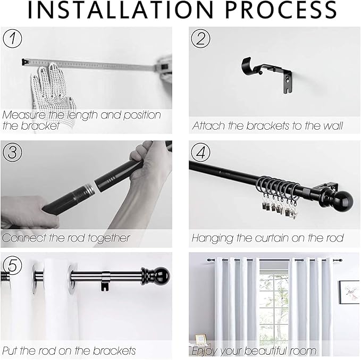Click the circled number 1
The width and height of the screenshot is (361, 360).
point(12,38)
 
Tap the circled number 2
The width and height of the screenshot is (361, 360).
point(200,38)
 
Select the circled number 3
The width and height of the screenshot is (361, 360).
point(12,152)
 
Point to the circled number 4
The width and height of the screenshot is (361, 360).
point(200,152)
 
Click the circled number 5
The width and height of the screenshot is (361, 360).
point(12,265)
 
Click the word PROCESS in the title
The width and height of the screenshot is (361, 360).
point(281,10)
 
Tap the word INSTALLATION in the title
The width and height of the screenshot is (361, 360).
point(120,10)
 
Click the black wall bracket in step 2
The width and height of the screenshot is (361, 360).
point(267,74)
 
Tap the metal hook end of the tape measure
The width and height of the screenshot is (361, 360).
point(25,62)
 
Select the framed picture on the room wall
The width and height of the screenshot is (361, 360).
point(349,292)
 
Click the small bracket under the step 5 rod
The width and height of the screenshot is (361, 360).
point(106,281)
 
